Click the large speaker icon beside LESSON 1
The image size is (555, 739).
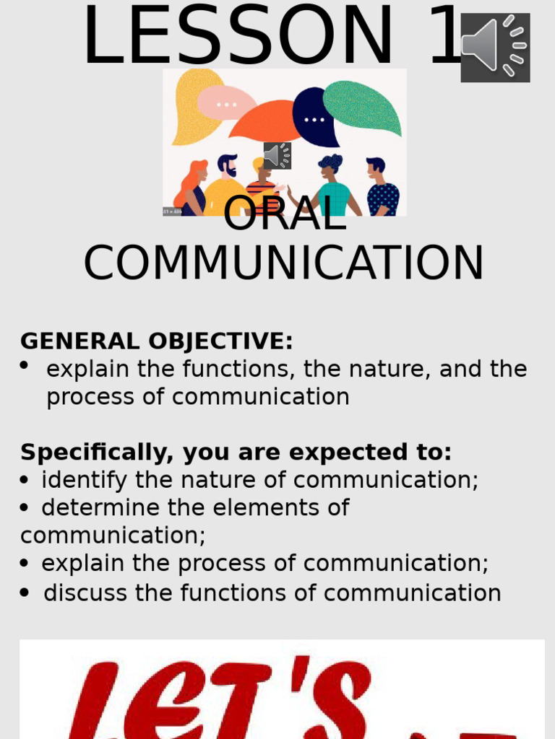[495, 47]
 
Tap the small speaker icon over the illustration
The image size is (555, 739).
[277, 156]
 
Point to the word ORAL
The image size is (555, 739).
[285, 214]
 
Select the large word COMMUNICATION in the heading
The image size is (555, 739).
[283, 263]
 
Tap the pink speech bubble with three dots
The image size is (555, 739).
[225, 103]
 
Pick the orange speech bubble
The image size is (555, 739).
[267, 121]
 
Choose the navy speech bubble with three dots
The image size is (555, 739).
[314, 117]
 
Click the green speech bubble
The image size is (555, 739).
[363, 106]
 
